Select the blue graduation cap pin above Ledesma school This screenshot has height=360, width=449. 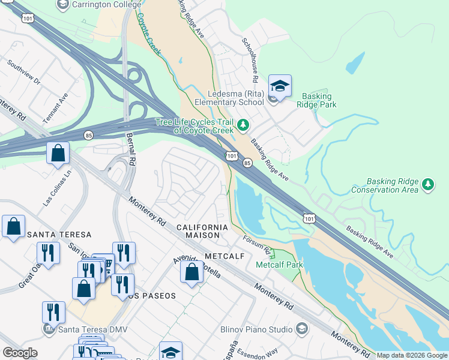click(x=280, y=86)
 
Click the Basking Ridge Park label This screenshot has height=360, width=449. click(x=319, y=100)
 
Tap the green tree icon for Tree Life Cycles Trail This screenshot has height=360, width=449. click(x=243, y=125)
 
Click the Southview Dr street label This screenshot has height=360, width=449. click(x=24, y=72)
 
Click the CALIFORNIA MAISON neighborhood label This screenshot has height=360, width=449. click(x=202, y=231)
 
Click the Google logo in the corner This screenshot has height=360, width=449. click(x=20, y=353)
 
